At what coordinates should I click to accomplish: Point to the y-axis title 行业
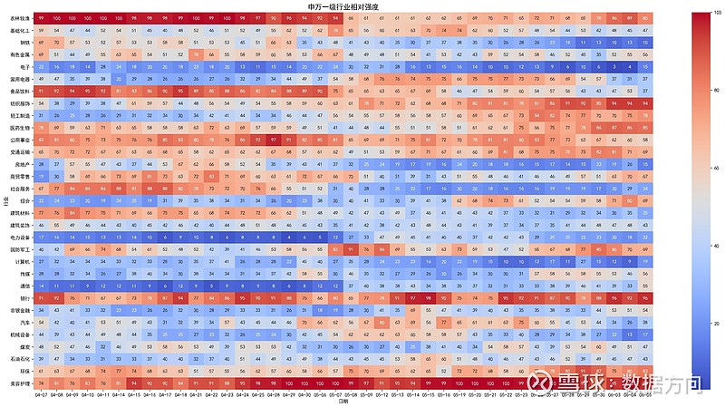point(5,201)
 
